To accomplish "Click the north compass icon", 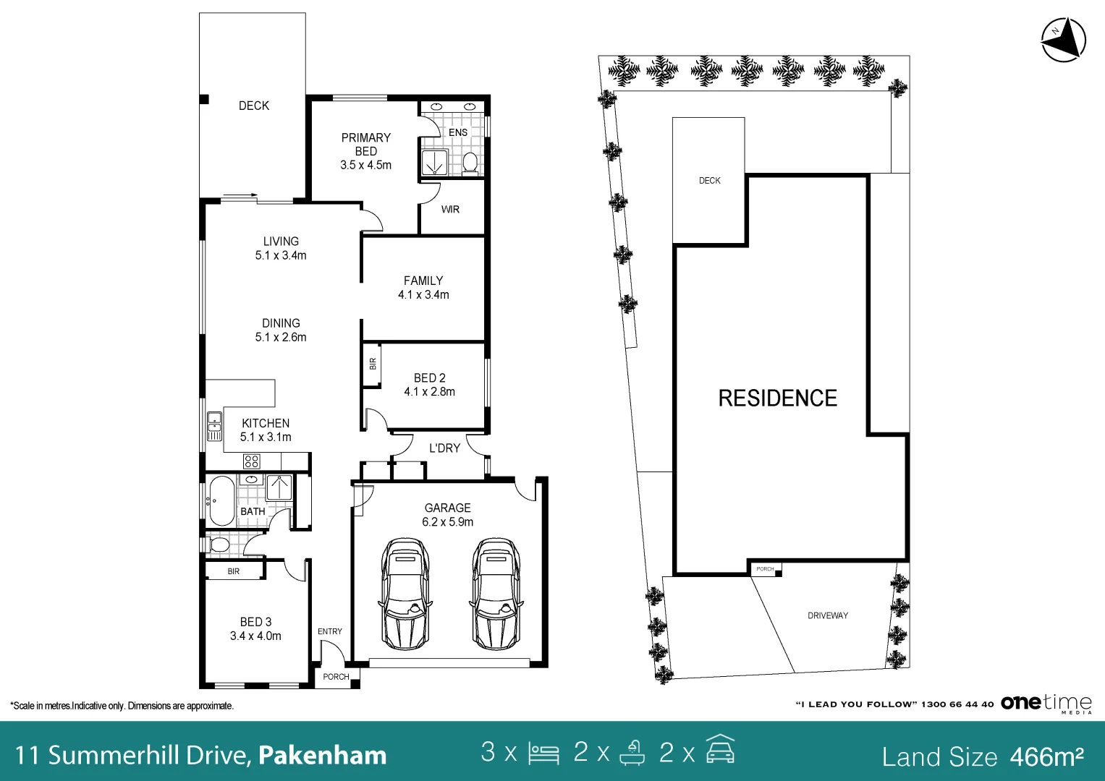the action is tap(1064, 40).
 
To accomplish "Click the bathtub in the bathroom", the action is tap(221, 501).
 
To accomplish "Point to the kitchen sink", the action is tap(215, 426).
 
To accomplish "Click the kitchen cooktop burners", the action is tap(252, 461).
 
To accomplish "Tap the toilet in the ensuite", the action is tap(470, 163).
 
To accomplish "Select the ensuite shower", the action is tap(435, 162).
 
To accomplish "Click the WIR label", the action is tap(450, 210).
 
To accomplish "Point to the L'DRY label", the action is tap(444, 448).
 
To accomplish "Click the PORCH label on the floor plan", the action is tap(336, 677).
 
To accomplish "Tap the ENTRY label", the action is tap(330, 631).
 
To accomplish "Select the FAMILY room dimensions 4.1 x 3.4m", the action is tap(424, 295).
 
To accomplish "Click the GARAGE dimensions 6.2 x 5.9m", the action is tap(447, 521).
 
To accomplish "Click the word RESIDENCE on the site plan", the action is tap(778, 398).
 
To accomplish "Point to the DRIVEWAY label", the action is tap(828, 615).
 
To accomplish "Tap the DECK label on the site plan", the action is tap(709, 181).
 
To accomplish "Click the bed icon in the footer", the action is tap(543, 754).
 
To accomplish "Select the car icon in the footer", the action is tap(720, 748).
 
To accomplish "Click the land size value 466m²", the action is tap(1047, 756).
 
